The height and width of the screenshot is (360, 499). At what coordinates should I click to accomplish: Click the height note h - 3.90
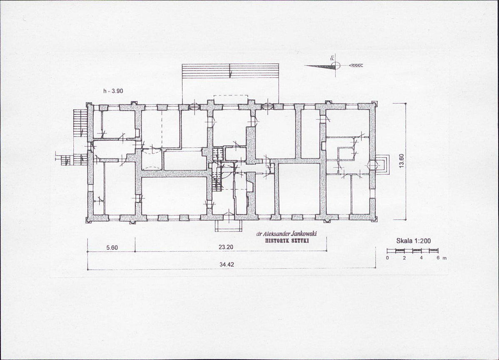point(113,91)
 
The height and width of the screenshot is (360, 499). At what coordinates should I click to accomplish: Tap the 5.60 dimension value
point(112,248)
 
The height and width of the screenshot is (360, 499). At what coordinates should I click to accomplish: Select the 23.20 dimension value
point(226,247)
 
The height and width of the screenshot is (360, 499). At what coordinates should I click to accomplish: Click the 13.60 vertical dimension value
point(401,161)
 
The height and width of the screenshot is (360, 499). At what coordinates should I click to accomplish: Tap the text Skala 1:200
point(413,241)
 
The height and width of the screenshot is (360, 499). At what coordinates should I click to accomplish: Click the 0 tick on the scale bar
point(387,258)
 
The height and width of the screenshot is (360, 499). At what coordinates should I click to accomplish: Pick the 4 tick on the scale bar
point(421,258)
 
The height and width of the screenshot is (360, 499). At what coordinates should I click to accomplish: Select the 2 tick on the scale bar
point(404,258)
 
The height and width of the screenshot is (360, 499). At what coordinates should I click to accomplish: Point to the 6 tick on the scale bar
point(438,258)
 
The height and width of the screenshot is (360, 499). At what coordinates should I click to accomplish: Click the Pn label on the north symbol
point(332,58)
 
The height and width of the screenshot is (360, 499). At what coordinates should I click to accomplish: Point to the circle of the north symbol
point(336,66)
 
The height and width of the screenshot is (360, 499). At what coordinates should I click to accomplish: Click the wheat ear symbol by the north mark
point(356,65)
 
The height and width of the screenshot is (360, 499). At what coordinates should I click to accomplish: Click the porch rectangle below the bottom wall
point(228,226)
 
